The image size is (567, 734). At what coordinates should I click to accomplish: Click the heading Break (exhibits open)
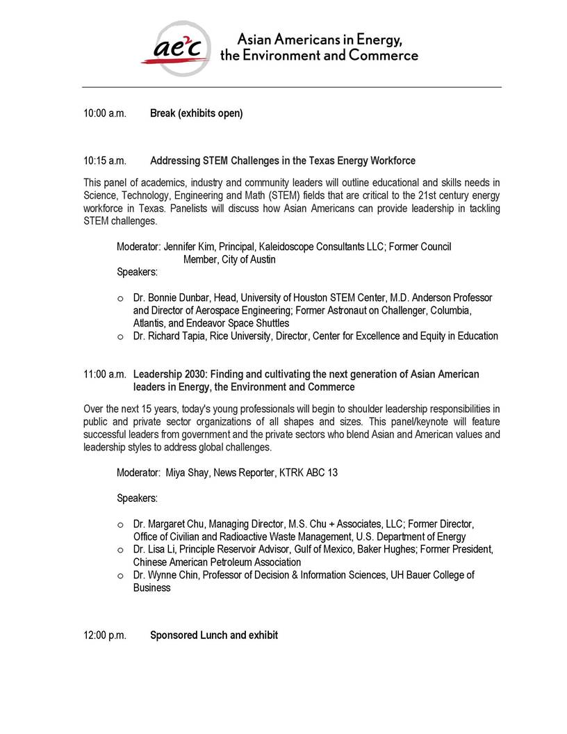point(197,113)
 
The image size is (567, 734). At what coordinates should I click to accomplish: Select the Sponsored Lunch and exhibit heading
point(214,635)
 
